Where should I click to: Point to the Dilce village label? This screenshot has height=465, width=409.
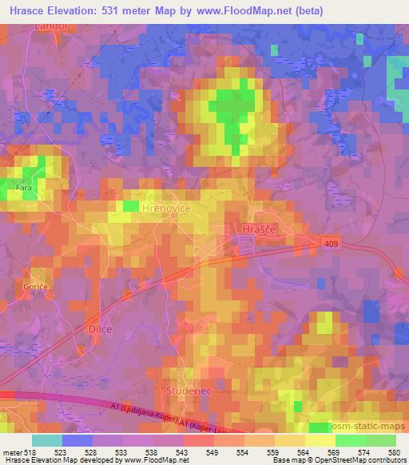click(x=98, y=328)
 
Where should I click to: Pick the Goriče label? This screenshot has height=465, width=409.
click(x=35, y=285)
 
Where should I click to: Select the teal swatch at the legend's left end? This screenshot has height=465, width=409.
click(x=47, y=439)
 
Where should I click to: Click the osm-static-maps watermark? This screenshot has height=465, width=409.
click(x=372, y=426)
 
